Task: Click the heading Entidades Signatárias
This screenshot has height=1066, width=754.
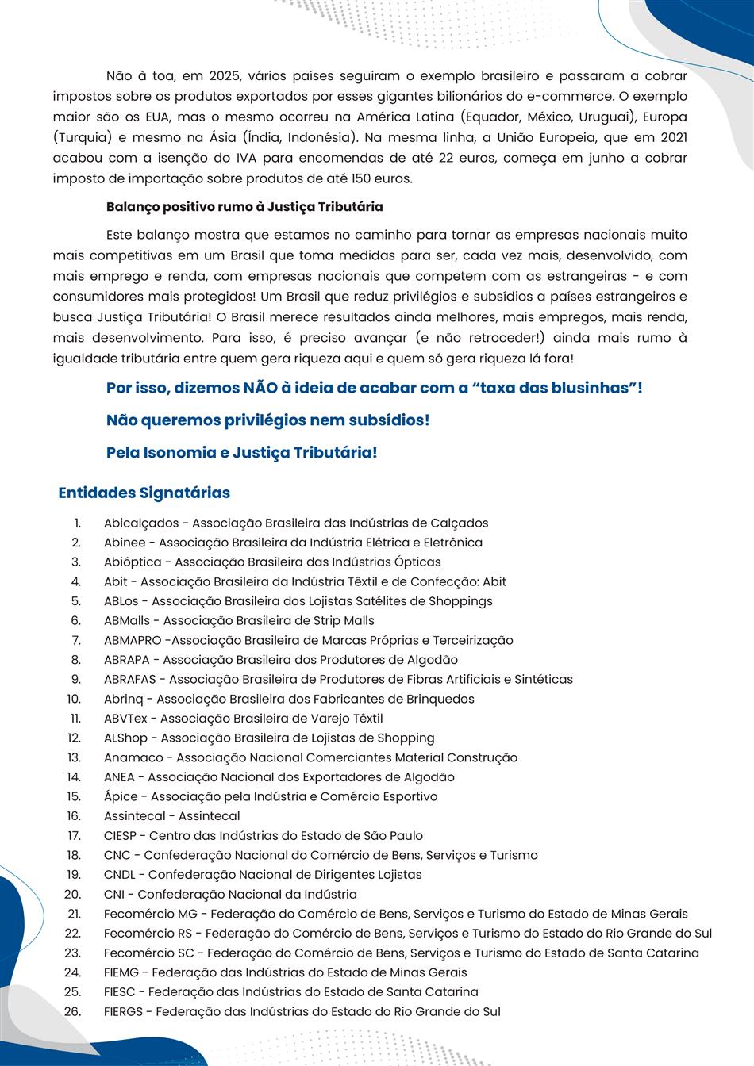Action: point(144,493)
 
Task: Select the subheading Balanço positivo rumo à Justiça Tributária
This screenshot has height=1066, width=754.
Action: point(244,207)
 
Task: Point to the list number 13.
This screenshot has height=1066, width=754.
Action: point(74,757)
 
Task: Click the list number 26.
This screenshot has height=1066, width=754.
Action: point(73,1011)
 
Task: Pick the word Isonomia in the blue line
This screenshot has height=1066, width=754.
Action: point(181,453)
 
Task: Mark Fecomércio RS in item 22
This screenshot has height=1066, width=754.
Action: point(148,934)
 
